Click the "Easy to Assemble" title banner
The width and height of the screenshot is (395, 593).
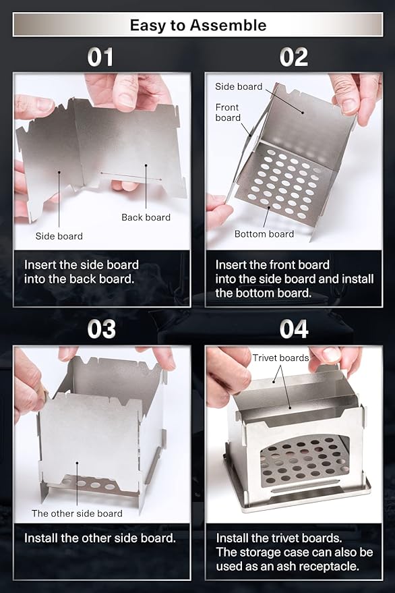(x=197, y=25)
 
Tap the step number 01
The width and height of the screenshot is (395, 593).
(x=100, y=57)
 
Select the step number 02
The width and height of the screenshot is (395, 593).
(x=294, y=57)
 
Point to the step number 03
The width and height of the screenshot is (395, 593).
(x=101, y=329)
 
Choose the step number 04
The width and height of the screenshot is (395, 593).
(x=294, y=329)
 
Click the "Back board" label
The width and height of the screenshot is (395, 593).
(x=146, y=217)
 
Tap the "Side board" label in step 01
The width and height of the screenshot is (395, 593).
(x=59, y=236)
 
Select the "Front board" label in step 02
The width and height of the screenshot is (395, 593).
(x=228, y=112)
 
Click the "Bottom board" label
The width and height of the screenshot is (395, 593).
(x=264, y=234)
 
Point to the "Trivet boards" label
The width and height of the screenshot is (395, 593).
(x=281, y=358)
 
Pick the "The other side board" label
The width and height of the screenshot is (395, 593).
(x=77, y=513)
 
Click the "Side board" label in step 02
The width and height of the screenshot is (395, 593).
(x=239, y=86)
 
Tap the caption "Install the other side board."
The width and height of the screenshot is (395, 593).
(x=100, y=538)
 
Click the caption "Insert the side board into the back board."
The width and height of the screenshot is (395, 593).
(x=82, y=272)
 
